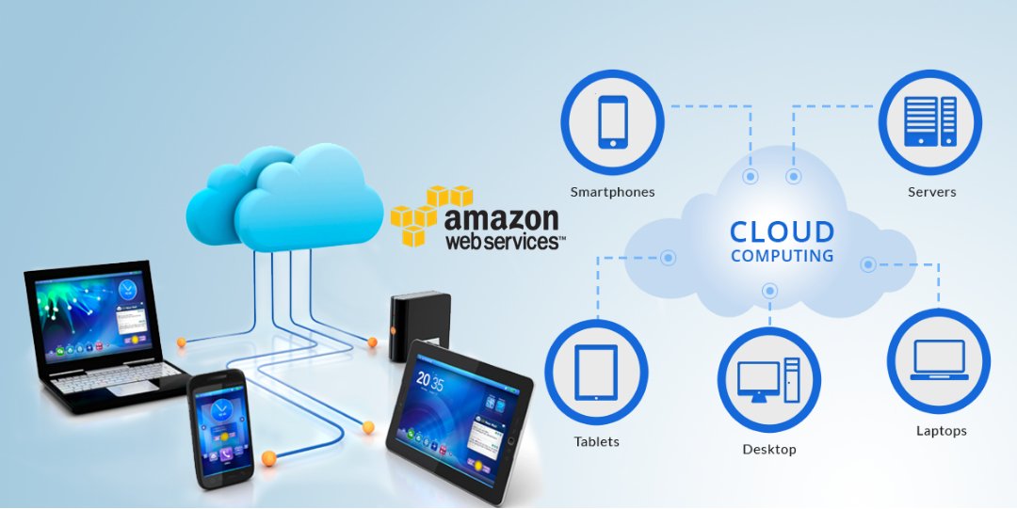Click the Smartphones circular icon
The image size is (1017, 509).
[612, 121]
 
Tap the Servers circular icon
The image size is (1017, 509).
[929, 121]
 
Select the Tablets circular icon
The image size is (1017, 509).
[596, 371]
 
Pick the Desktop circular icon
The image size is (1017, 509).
[768, 379]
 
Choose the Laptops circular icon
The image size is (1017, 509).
[938, 360]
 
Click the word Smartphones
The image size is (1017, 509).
[612, 192]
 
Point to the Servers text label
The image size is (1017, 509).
[931, 192]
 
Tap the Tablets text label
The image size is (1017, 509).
[597, 441]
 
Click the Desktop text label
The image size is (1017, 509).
[768, 450]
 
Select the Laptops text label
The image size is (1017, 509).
[941, 431]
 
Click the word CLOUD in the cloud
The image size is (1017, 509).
[782, 231]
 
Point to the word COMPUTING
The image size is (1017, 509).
[782, 256]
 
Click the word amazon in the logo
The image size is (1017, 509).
[501, 220]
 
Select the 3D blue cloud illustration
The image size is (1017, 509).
[273, 198]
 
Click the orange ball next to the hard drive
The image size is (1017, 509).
[372, 342]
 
